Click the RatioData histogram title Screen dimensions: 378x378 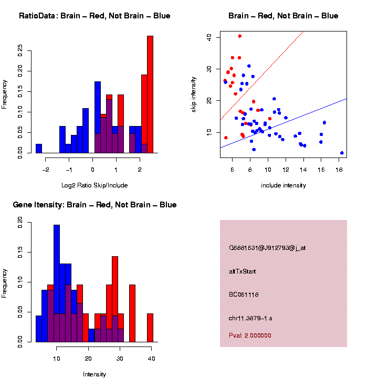click(94, 16)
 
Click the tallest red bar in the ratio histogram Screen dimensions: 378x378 click(150, 94)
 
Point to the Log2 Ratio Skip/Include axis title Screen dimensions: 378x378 click(94, 185)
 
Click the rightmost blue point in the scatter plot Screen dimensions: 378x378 click(342, 153)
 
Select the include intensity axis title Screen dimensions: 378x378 click(283, 185)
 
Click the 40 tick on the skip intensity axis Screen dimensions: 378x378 click(208, 37)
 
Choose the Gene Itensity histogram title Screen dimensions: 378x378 click(94, 205)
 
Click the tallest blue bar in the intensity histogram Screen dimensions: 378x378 click(57, 283)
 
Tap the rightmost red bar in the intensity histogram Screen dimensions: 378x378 click(150, 328)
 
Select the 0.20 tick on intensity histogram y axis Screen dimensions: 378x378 click(20, 223)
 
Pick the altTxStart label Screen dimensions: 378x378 click(242, 271)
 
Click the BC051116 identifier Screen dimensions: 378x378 click(244, 295)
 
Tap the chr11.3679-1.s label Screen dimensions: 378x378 click(250, 318)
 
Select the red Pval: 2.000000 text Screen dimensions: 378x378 click(250, 335)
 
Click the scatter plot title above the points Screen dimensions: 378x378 click(283, 16)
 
